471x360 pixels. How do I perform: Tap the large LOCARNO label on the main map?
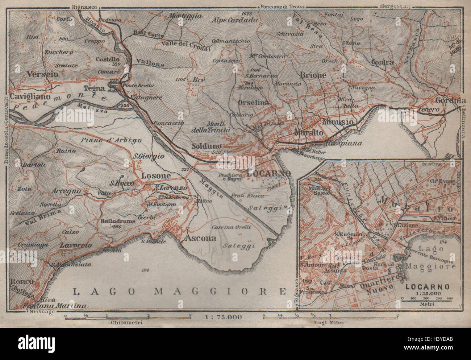pos(268,173)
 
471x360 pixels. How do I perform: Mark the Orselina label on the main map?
pos(254,103)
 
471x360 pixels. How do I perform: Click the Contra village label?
pos(382,62)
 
